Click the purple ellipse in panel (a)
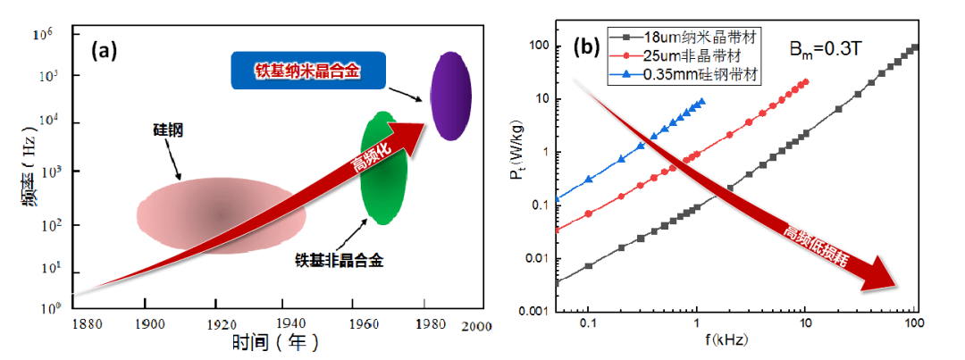tap(451, 96)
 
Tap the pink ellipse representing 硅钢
tap(221, 213)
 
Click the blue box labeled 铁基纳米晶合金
tap(308, 71)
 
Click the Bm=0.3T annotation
tap(830, 48)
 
